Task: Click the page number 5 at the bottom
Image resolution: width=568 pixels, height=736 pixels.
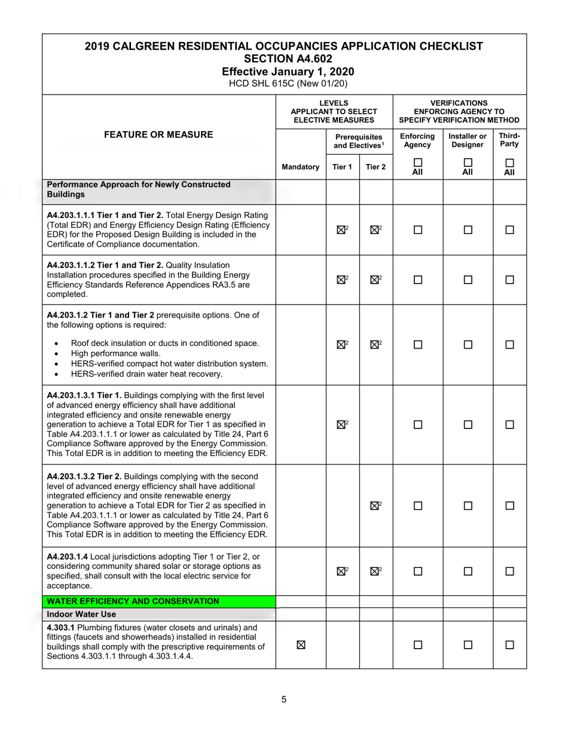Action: pos(284,699)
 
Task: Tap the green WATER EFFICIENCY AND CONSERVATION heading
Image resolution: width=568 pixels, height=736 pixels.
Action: pos(133,601)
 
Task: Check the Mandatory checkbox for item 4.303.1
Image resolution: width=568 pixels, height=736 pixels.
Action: pos(301,645)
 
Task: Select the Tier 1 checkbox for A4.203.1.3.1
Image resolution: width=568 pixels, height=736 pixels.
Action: pos(341,425)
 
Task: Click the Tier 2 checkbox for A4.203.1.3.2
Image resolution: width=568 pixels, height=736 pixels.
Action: pos(374,506)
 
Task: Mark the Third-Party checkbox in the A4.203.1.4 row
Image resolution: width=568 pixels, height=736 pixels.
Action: pos(509,571)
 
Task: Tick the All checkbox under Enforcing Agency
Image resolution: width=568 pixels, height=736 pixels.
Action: pos(417,163)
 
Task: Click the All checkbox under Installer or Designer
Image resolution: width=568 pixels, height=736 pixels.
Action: pos(468,163)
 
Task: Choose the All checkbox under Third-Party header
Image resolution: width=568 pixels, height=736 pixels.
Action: pos(509,163)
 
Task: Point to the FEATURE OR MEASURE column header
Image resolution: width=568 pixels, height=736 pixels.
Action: pos(158,135)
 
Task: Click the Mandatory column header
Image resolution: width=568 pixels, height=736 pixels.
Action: pos(300,167)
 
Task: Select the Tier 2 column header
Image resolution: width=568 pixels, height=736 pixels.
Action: pos(375,167)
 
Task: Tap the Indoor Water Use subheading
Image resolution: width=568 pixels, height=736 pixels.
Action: pos(82,615)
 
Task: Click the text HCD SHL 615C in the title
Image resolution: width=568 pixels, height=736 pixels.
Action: pos(260,84)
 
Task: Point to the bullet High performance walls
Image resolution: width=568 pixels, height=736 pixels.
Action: pos(116,354)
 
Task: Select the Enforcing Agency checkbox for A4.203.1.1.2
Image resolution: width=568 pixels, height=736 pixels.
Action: pos(417,279)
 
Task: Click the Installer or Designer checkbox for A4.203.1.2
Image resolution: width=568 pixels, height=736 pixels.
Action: pos(468,345)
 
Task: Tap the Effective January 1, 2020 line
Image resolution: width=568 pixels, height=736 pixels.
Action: pos(284,72)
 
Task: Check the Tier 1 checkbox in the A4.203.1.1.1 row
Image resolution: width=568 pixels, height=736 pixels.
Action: pos(341,230)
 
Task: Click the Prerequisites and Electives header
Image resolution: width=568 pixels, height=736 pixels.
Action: pos(359,141)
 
